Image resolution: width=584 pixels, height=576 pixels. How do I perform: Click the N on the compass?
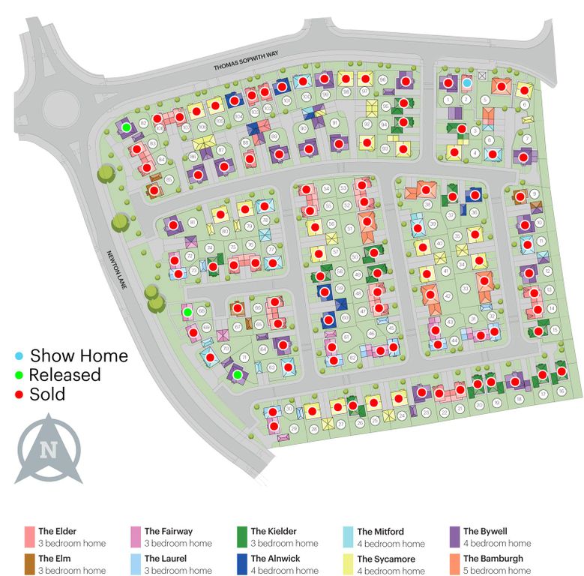(49, 450)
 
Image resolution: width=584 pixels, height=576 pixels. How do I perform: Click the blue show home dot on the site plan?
(466, 83)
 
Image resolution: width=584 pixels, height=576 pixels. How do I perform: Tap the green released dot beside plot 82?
(127, 127)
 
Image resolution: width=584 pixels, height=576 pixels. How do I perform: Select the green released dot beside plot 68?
(187, 312)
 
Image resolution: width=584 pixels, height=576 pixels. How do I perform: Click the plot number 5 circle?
(485, 100)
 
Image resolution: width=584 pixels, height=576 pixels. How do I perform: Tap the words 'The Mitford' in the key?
(380, 532)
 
